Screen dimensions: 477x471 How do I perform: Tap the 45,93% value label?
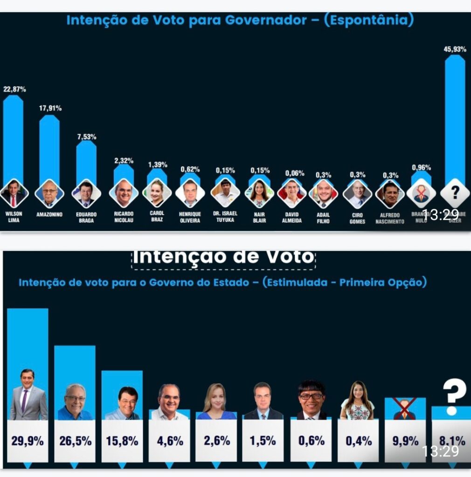[455, 49]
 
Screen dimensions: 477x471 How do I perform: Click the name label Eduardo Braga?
[86, 218]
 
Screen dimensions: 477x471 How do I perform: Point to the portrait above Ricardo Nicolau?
[124, 193]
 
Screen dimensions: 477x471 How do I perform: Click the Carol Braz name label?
[157, 216]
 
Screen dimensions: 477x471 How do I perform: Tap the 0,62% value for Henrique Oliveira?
[190, 170]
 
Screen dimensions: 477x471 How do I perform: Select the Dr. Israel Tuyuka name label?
[225, 217]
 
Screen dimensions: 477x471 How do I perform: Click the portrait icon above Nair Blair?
[259, 193]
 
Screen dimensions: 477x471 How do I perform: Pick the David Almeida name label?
[292, 217]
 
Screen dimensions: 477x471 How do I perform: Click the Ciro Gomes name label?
[357, 218]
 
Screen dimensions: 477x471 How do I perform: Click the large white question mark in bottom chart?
[452, 395]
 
